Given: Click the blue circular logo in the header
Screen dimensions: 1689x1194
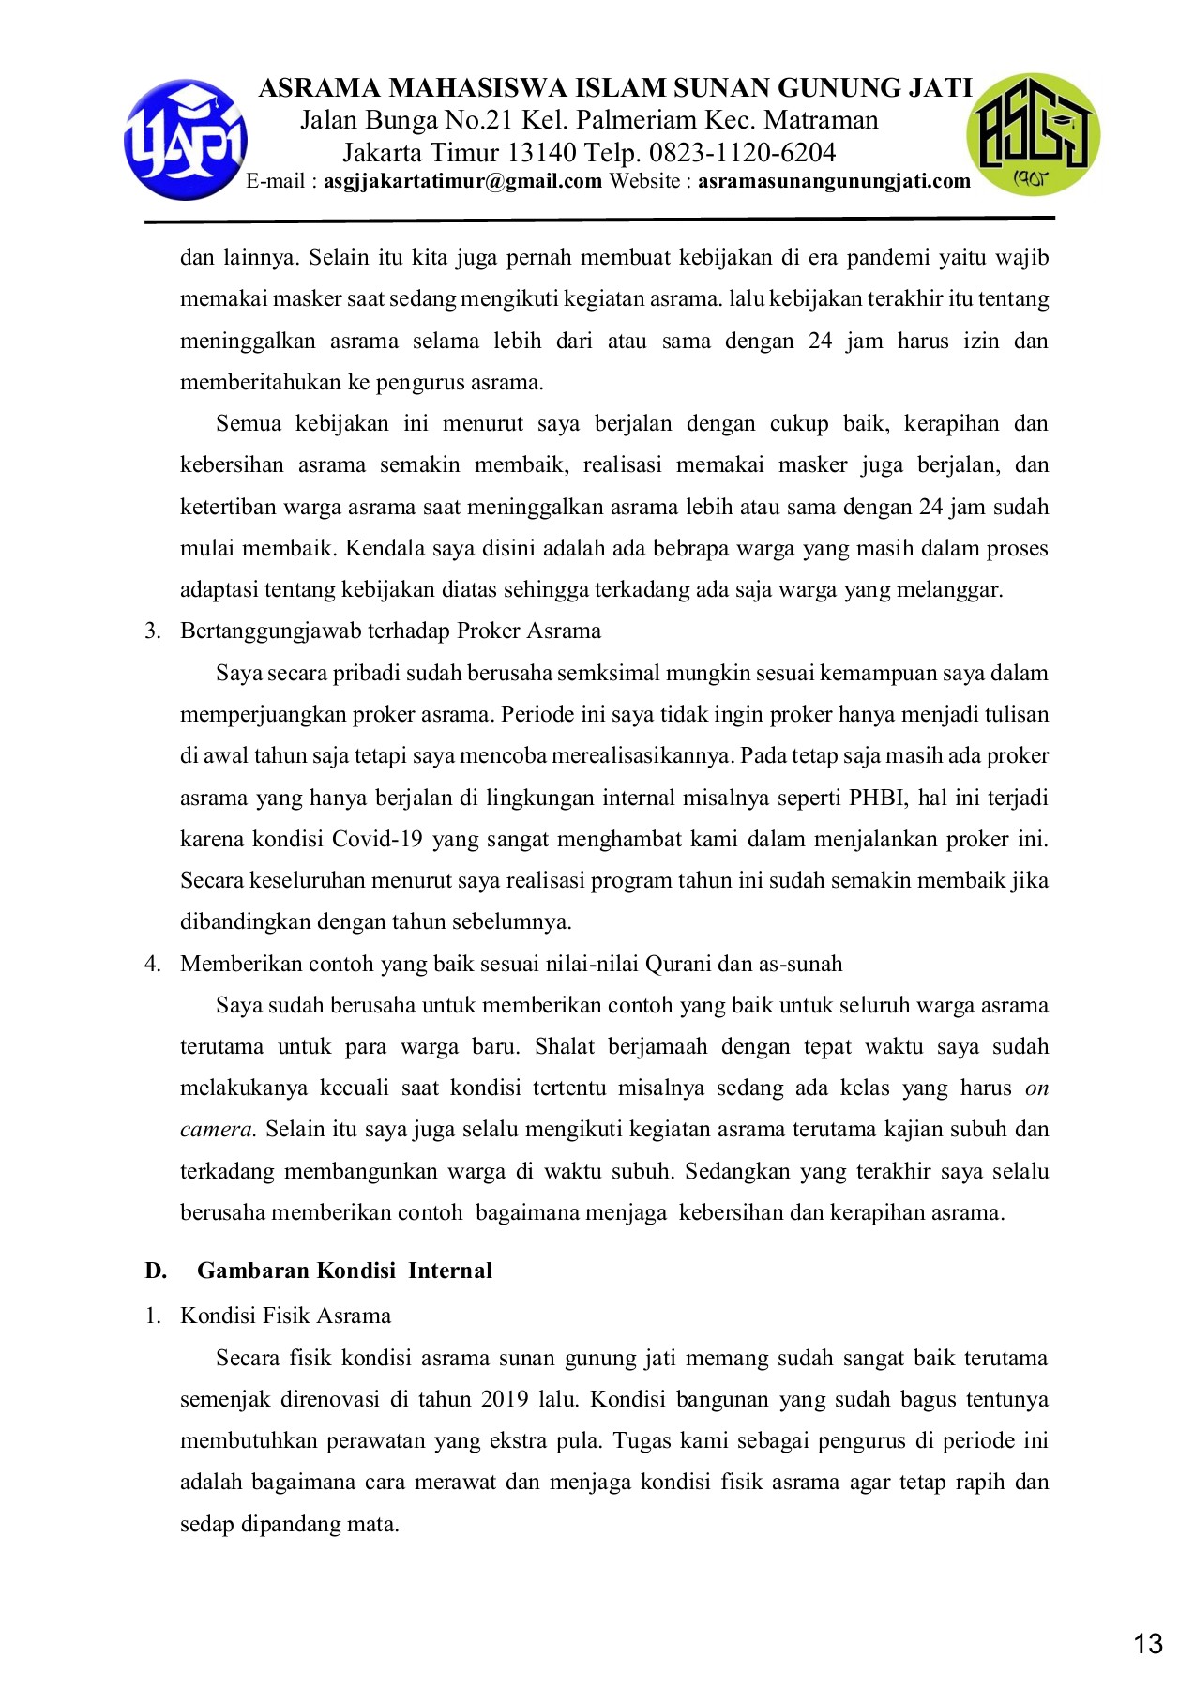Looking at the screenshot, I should (186, 139).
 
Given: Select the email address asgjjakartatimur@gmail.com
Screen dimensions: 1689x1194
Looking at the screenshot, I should (462, 181).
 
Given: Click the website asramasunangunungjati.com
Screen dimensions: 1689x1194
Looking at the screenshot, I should (833, 181).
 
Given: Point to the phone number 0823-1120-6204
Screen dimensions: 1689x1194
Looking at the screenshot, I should (742, 152).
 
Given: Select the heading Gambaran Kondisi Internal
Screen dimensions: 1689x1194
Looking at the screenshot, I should (344, 1271).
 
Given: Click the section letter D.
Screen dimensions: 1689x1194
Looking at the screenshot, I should (156, 1271).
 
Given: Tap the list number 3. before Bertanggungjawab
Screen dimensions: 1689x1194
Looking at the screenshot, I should (153, 631).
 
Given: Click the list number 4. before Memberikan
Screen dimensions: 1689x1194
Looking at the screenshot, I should (153, 964).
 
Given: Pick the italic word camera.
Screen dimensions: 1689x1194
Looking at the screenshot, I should (218, 1129).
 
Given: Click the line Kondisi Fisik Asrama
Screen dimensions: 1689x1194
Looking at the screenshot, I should (285, 1316).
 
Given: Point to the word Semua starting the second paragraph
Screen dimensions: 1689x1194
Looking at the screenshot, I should (249, 423).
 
